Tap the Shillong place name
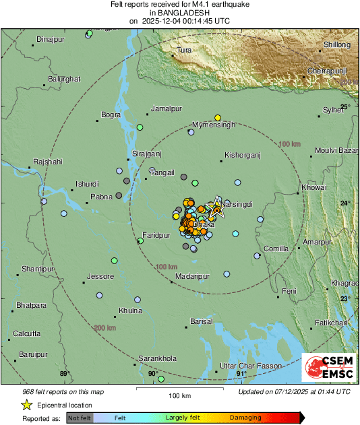tap(337, 44)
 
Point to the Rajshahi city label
tap(47, 162)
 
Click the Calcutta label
tap(26, 333)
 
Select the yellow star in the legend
tap(26, 405)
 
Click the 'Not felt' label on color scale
tap(80, 418)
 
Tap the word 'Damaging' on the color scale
tap(245, 418)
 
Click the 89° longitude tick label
tap(64, 373)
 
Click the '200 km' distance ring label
tap(104, 328)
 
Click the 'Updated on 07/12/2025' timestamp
tap(295, 391)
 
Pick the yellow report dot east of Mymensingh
tap(218, 117)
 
